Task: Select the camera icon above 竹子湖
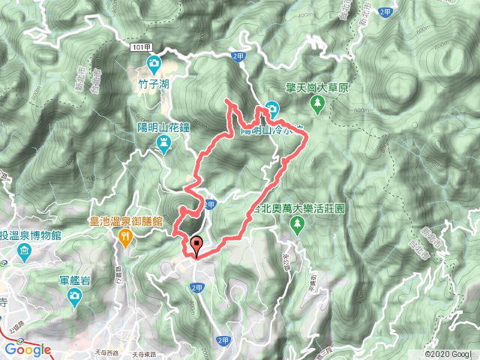[154, 63]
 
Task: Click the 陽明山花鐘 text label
[165, 128]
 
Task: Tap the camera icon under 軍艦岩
[74, 297]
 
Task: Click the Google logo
[28, 349]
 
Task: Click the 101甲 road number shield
[145, 46]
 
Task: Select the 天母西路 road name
[113, 352]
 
